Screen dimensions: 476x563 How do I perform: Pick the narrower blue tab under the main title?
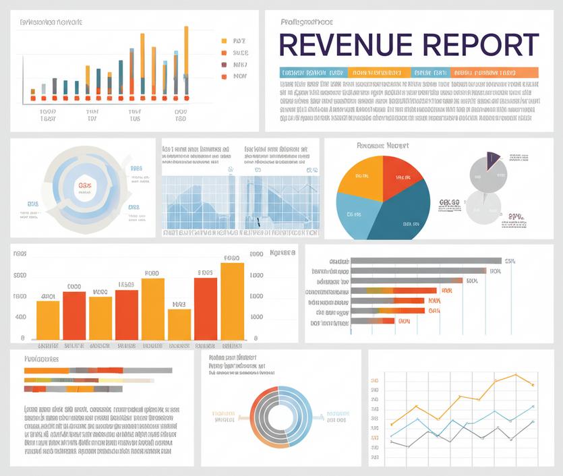(x=429, y=72)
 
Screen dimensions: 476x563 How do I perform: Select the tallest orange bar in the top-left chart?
(x=186, y=61)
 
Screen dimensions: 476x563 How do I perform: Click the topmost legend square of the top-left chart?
(x=224, y=40)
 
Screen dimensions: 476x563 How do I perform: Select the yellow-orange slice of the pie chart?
(x=361, y=176)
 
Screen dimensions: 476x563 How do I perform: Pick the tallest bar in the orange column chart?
(x=232, y=300)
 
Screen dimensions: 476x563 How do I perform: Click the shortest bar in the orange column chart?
(x=179, y=324)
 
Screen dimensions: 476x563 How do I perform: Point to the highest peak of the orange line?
(x=516, y=375)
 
